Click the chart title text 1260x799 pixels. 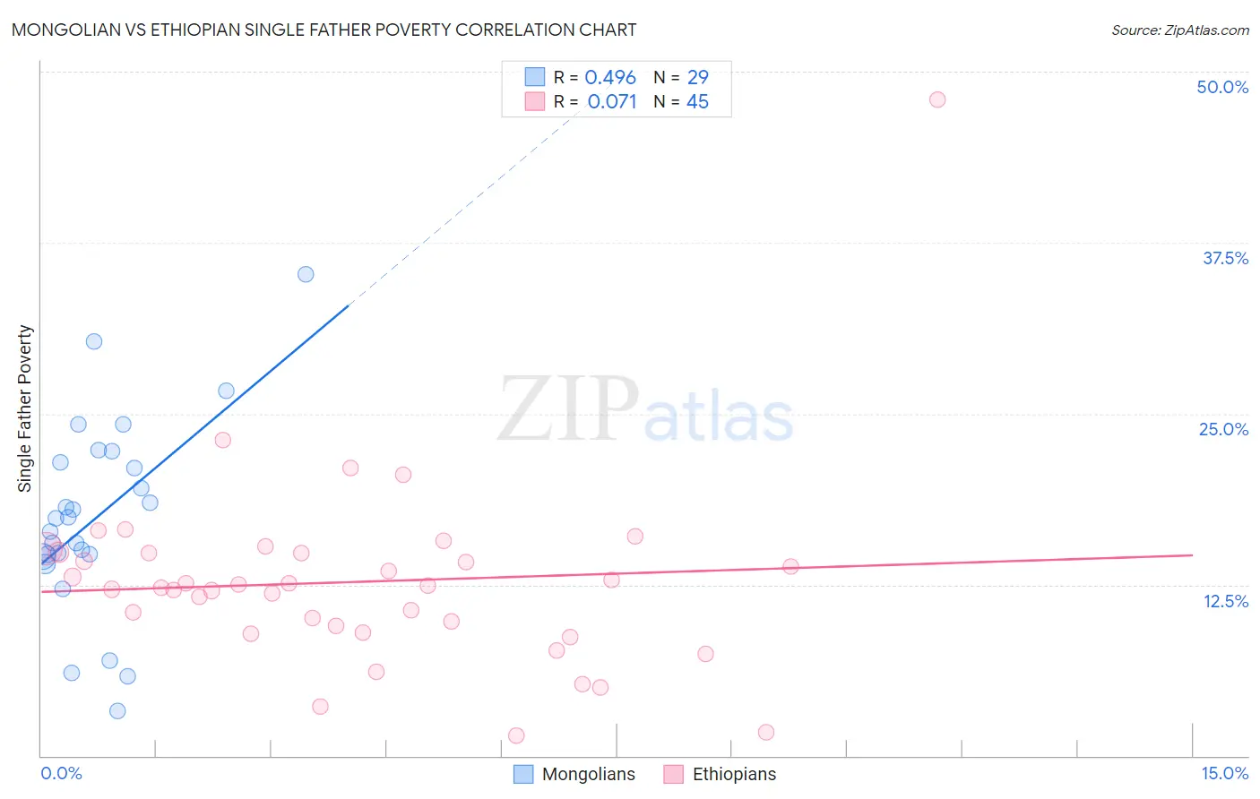pos(324,30)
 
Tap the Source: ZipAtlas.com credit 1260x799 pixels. pos(1179,30)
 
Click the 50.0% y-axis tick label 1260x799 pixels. pos(1222,87)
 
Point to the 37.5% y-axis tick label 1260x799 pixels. pos(1225,258)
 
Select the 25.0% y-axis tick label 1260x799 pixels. pos(1223,429)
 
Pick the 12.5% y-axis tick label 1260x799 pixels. pos(1225,601)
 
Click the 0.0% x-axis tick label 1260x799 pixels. pos(61,773)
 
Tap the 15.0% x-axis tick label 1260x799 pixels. pos(1224,773)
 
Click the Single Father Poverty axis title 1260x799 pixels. pos(25,408)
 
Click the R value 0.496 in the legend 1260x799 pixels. pos(610,78)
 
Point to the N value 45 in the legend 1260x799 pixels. pos(697,102)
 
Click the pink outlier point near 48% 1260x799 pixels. pos(937,99)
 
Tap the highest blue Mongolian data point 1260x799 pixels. pos(306,274)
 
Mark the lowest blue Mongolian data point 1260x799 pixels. pos(117,711)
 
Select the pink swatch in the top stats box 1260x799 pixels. pos(535,101)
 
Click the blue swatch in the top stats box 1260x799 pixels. pos(535,77)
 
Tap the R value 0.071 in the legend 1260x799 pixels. pos(612,102)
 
